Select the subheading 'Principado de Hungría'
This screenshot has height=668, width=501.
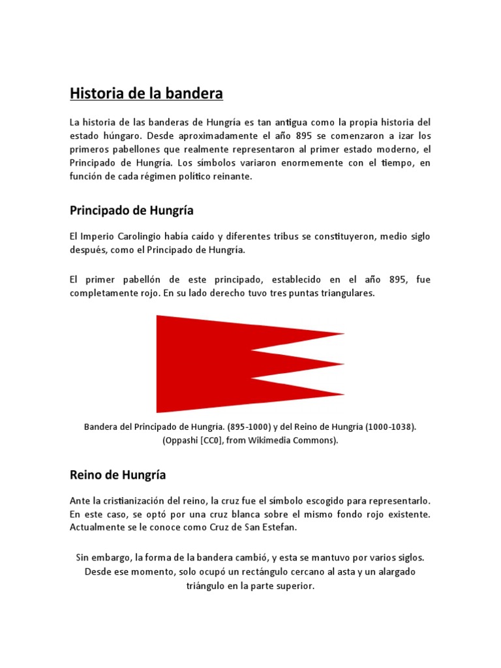pyautogui.click(x=131, y=211)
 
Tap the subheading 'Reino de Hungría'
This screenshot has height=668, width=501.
pyautogui.click(x=117, y=475)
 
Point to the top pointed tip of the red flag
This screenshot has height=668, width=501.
pyautogui.click(x=343, y=335)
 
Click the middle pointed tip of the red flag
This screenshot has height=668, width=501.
pyautogui.click(x=343, y=364)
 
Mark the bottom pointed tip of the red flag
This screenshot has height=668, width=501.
pyautogui.click(x=343, y=394)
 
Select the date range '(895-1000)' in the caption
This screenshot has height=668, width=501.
pyautogui.click(x=249, y=427)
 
